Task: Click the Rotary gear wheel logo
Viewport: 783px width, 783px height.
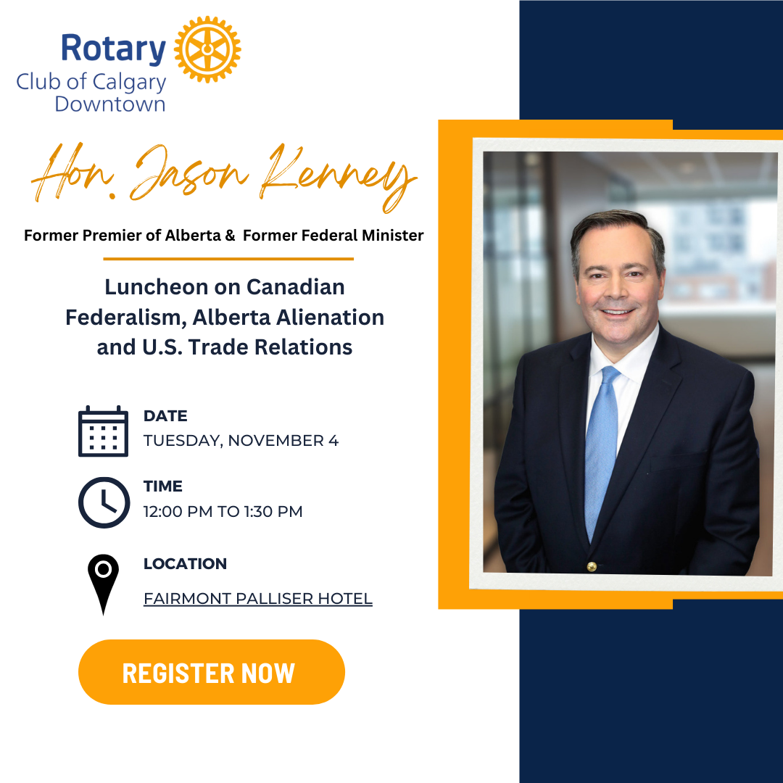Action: [207, 49]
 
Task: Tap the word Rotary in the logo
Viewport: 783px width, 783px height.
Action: [113, 49]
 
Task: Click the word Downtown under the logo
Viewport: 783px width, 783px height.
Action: [110, 104]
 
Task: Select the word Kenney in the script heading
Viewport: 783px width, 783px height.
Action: [339, 178]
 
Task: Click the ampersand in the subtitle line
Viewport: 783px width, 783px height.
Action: [230, 235]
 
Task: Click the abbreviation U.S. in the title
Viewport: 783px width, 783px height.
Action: [162, 347]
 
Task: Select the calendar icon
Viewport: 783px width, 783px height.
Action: [104, 431]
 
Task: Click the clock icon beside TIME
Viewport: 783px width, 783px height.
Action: [104, 502]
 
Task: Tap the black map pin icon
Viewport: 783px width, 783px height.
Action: [104, 584]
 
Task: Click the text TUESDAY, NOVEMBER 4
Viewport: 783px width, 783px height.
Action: [241, 441]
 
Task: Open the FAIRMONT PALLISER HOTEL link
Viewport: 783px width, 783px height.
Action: [258, 598]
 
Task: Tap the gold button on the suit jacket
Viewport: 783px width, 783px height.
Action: [592, 566]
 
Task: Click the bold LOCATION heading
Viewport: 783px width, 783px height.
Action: [186, 564]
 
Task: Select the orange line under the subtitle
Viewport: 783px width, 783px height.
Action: [228, 259]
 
